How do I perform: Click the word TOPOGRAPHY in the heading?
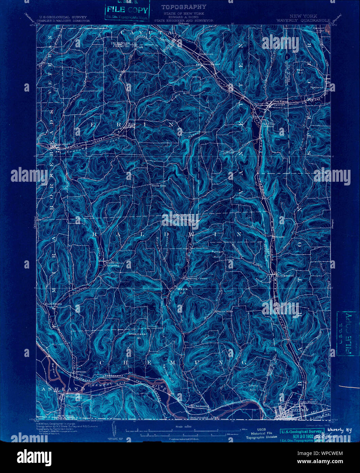point(184,7)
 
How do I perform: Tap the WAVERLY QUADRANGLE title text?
point(303,20)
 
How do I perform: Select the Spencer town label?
point(317,87)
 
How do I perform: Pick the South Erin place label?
point(159,186)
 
